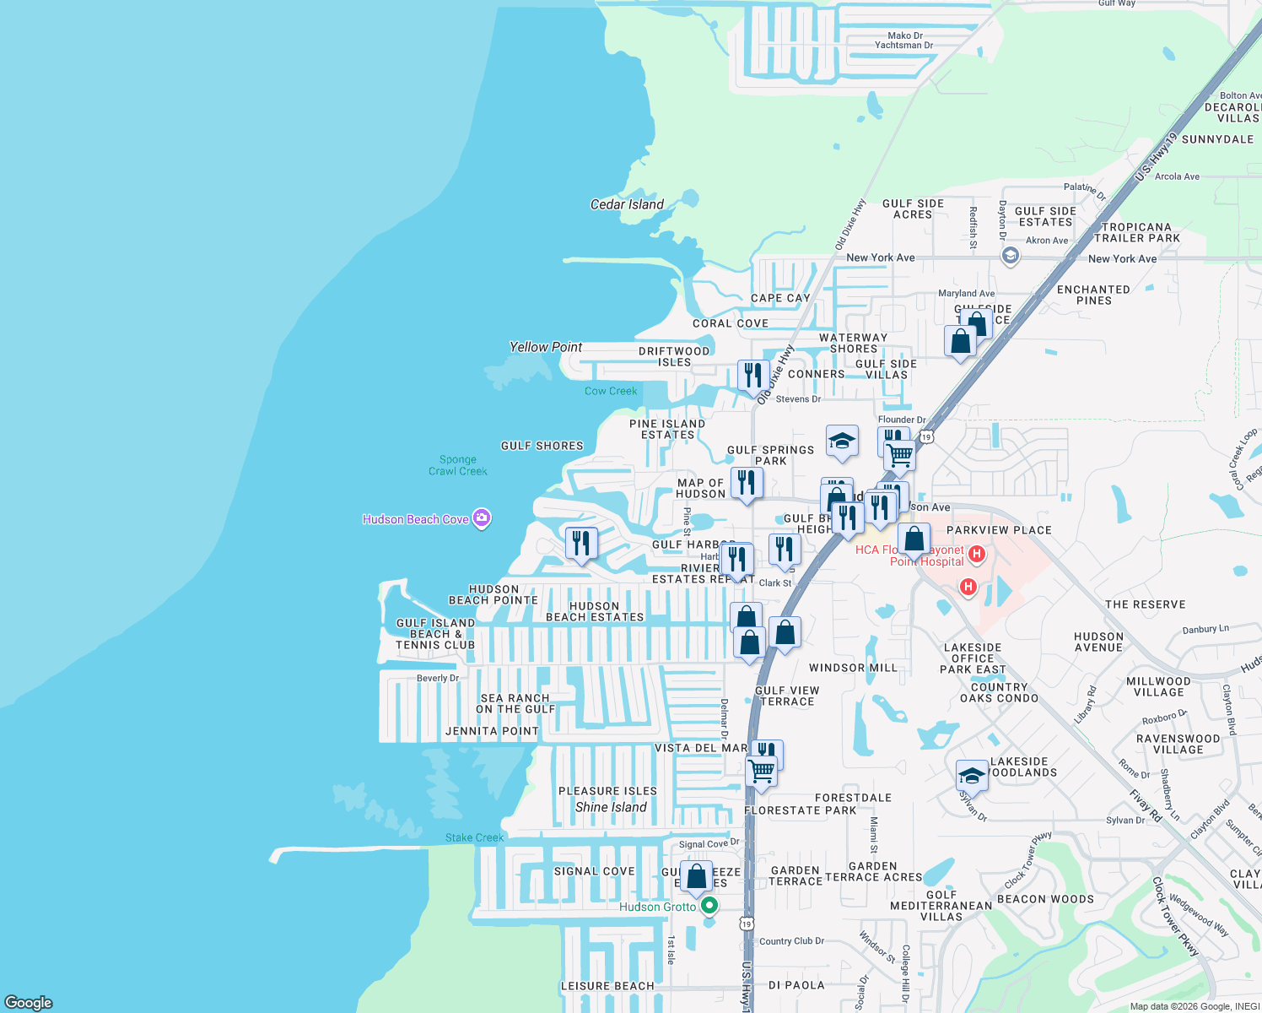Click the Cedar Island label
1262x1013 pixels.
coord(627,204)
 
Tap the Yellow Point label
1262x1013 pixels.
coord(546,347)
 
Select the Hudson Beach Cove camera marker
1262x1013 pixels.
coord(482,518)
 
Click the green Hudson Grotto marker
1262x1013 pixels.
coord(709,906)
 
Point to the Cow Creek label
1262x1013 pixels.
coord(611,391)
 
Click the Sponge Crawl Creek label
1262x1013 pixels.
coord(458,465)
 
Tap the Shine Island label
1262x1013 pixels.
coord(611,807)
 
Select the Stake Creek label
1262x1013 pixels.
coord(474,837)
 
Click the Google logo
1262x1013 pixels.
coord(29,1002)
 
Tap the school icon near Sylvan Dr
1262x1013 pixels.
coord(972,777)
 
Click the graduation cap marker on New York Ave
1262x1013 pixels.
coord(1011,255)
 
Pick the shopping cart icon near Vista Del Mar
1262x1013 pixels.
coord(762,771)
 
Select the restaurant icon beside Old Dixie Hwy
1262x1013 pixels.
coord(753,376)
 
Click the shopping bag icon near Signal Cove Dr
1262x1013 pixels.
coord(697,876)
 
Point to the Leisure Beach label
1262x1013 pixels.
coord(607,986)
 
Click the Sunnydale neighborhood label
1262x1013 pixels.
coord(1217,139)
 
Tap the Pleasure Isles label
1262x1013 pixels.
coord(607,791)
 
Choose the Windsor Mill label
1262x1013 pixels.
coord(853,668)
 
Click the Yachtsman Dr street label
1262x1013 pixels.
coord(903,46)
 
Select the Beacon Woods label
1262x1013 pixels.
coord(1045,899)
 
